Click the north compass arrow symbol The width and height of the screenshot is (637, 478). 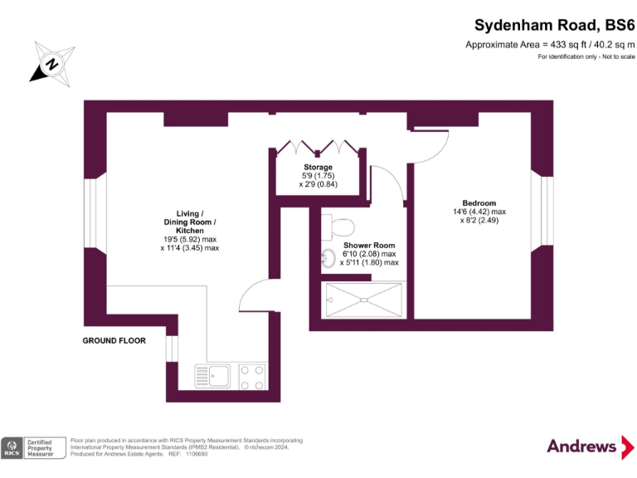tap(51, 62)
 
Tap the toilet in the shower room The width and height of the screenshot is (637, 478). tap(341, 225)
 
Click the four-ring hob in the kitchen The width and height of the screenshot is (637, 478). tap(253, 376)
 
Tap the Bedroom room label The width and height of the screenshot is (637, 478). tap(479, 203)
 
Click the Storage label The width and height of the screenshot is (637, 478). tap(318, 168)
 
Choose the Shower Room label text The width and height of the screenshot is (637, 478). tap(369, 246)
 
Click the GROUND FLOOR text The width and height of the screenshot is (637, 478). tap(114, 341)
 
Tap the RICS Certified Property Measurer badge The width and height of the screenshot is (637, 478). tap(33, 447)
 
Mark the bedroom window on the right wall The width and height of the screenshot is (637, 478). tap(547, 211)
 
